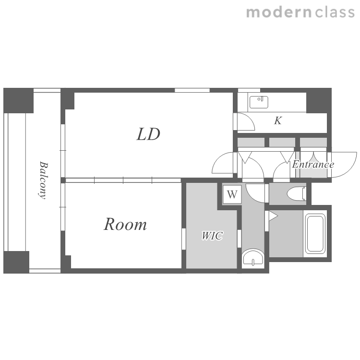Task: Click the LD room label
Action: point(148,134)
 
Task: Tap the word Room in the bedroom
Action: point(125,224)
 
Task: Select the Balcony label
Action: point(43,180)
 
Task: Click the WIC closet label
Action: point(212,236)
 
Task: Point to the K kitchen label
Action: point(278,120)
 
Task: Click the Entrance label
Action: point(313,164)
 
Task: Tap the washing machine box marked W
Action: point(232,194)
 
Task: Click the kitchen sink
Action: point(259,102)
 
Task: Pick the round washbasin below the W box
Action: point(253,258)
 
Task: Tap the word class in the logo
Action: point(335,12)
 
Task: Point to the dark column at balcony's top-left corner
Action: point(18,100)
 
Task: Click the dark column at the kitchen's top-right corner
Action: point(319,100)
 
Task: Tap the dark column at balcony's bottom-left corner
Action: point(16,262)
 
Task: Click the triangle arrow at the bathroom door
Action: point(273,216)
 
